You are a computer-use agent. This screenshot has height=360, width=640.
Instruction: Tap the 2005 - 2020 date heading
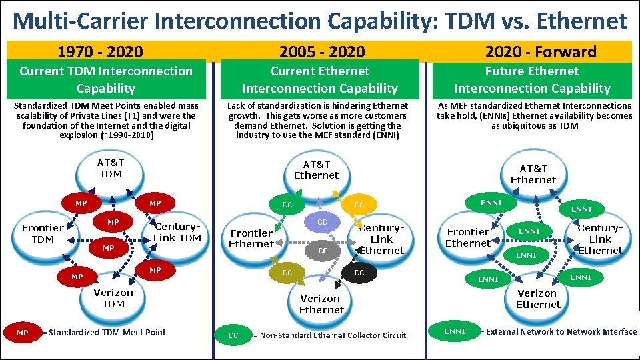point(322,51)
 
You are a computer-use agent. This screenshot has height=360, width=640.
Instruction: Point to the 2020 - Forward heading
point(541,51)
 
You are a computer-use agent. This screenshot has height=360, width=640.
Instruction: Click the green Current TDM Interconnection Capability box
point(106,79)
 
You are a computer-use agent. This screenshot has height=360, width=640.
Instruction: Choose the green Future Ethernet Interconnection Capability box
point(532,79)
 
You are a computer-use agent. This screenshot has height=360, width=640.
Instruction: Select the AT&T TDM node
point(110,169)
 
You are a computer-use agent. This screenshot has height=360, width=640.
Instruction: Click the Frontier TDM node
point(43,233)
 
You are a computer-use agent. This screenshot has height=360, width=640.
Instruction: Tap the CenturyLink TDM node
point(177,232)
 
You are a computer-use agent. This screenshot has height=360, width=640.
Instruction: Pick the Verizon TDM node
point(113,298)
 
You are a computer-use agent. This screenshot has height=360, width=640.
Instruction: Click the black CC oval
point(359,273)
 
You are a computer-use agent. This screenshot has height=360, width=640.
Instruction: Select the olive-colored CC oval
point(287,273)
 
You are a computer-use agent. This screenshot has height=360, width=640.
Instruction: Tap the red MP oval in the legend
point(23,332)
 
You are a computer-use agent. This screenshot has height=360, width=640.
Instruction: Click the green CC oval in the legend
point(233,335)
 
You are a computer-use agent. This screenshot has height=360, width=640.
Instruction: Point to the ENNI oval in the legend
point(455,331)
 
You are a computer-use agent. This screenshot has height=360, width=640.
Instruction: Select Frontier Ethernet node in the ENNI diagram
point(467,237)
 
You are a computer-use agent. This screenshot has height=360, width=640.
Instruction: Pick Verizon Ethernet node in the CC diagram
point(321,304)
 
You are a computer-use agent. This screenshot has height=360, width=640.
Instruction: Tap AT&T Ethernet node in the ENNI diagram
point(533,174)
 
